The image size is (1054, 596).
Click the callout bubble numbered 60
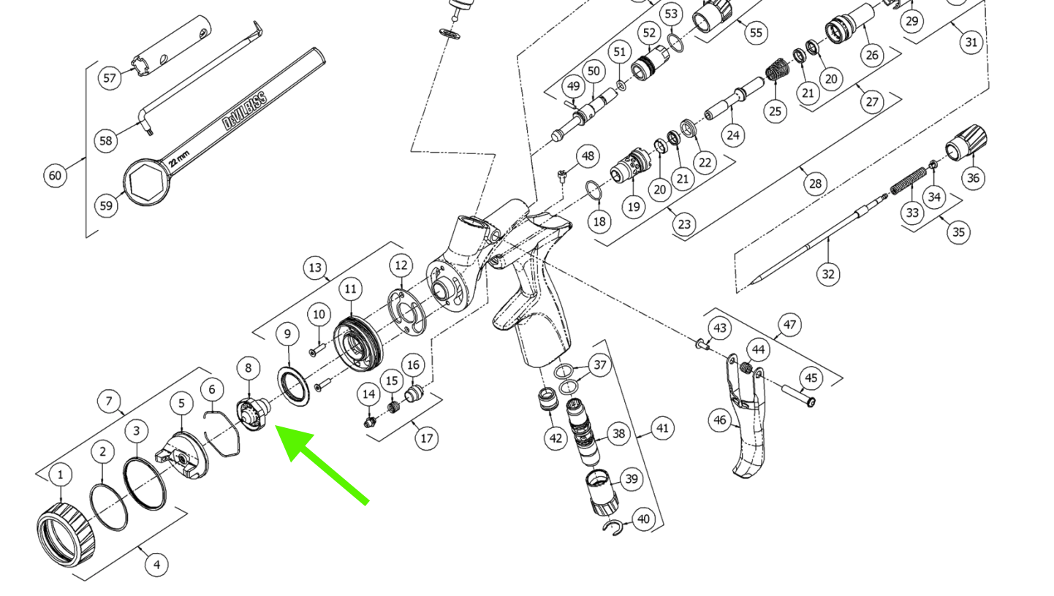pyautogui.click(x=56, y=175)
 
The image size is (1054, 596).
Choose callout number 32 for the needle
pyautogui.click(x=827, y=274)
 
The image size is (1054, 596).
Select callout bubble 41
pyautogui.click(x=663, y=428)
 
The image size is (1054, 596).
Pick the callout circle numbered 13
pyautogui.click(x=315, y=268)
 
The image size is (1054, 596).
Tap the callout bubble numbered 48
pyautogui.click(x=588, y=156)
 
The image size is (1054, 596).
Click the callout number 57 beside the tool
pyautogui.click(x=110, y=77)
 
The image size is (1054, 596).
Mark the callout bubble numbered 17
pyautogui.click(x=426, y=438)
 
